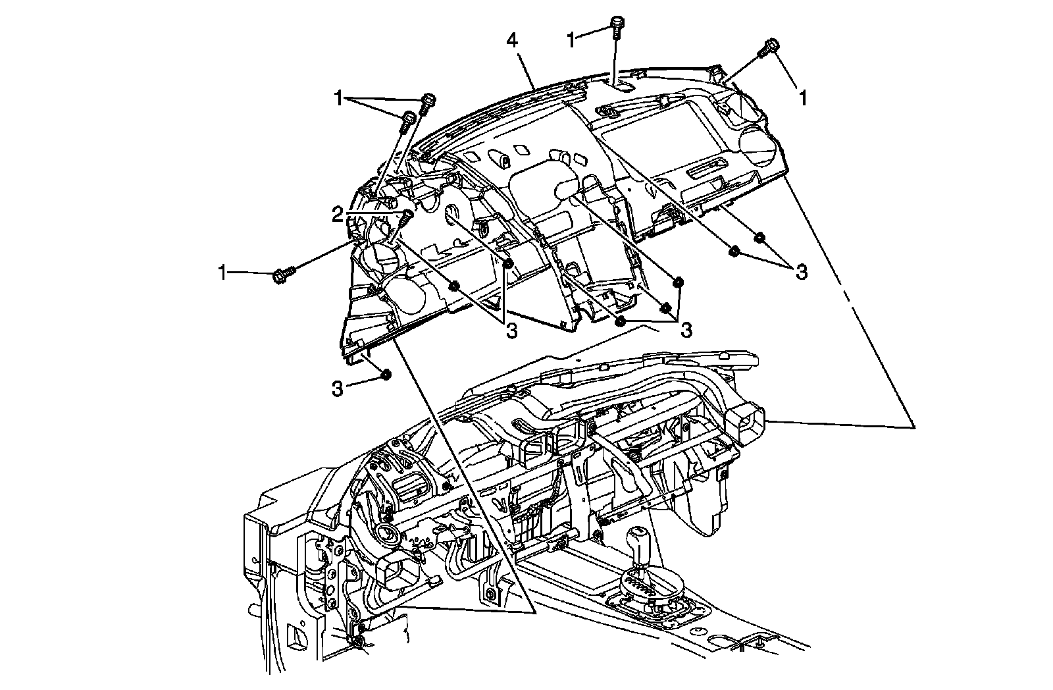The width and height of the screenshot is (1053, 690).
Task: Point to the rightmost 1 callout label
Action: pyautogui.click(x=802, y=98)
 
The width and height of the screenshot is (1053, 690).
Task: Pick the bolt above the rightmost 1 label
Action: pyautogui.click(x=771, y=47)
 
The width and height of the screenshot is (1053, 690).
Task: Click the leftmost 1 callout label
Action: pyautogui.click(x=224, y=272)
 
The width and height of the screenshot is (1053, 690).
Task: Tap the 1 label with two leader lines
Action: pyautogui.click(x=339, y=99)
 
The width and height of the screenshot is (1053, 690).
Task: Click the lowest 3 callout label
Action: pyautogui.click(x=337, y=388)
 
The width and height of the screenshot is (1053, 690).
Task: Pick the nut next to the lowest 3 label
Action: pyautogui.click(x=386, y=375)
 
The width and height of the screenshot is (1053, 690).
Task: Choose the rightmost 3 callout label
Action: pyautogui.click(x=801, y=272)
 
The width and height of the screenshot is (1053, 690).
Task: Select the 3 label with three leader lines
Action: pyautogui.click(x=686, y=329)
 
